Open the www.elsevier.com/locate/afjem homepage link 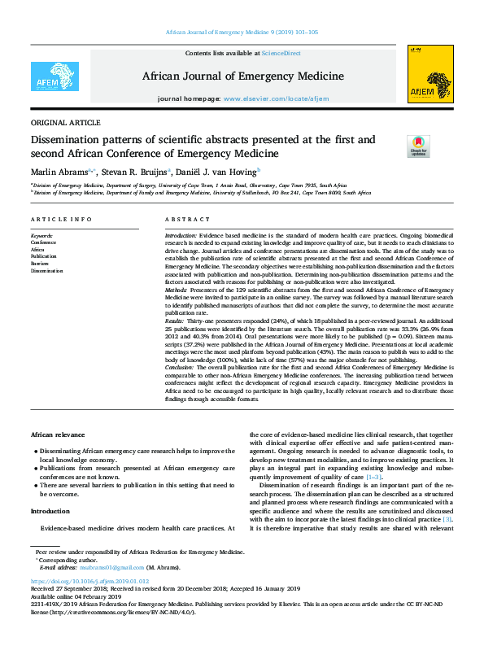coord(276,98)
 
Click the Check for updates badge coord(396,146)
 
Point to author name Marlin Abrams coord(60,172)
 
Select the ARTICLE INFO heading coord(61,220)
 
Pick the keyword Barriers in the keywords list coord(40,264)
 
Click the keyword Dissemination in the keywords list coord(46,272)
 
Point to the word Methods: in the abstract coord(178,290)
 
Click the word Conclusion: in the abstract coord(183,368)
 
